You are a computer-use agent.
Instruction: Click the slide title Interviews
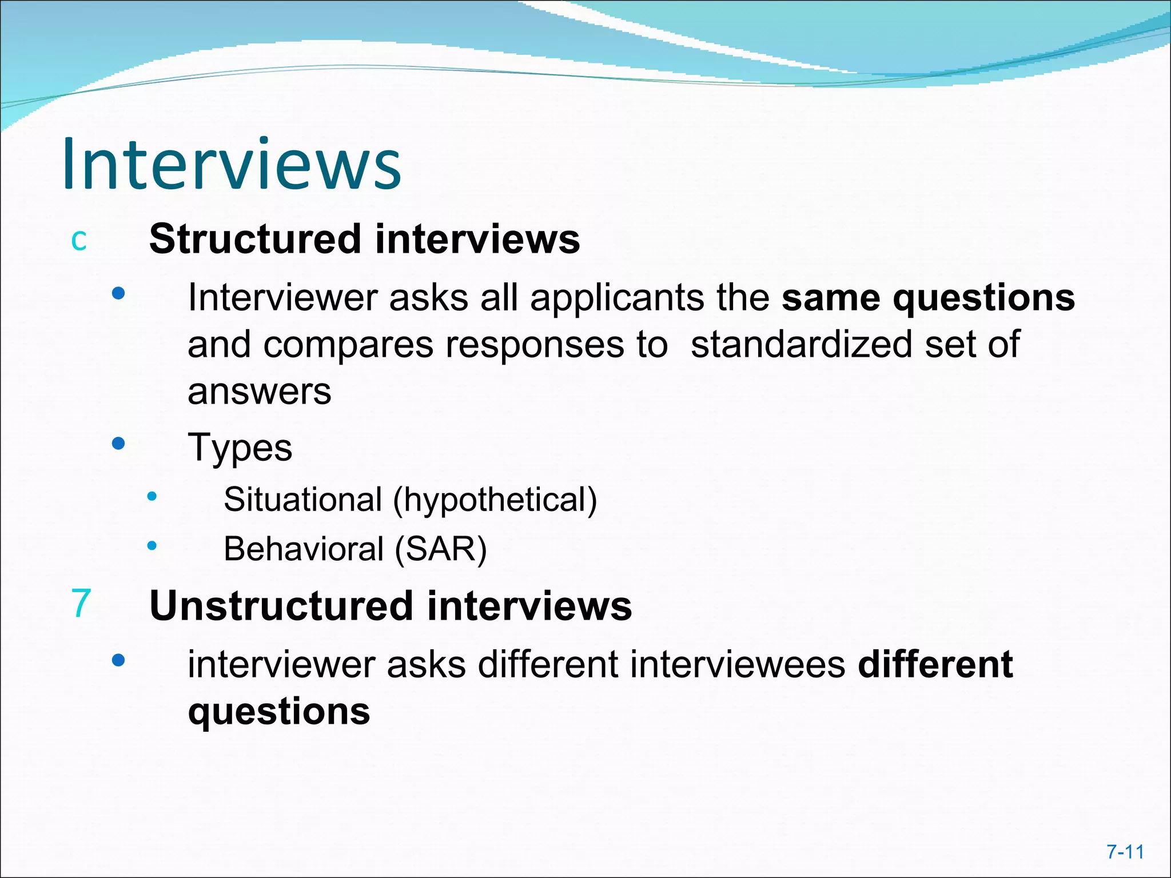point(232,165)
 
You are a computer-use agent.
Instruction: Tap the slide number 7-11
point(1125,852)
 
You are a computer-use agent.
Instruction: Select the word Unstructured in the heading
point(281,606)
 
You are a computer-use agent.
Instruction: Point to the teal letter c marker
point(79,240)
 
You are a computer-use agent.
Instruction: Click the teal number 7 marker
point(81,603)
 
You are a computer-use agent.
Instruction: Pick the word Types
point(240,448)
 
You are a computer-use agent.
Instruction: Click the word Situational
point(302,500)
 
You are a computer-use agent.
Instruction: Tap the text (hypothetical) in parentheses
point(495,500)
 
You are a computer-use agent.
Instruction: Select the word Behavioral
point(303,549)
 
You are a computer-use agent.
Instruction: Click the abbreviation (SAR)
point(441,549)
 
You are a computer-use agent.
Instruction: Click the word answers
point(260,392)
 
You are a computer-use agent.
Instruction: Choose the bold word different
point(935,665)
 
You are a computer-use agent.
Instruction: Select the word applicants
point(617,298)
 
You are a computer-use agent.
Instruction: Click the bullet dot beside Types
point(118,444)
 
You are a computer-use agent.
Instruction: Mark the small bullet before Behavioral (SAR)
point(152,546)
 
